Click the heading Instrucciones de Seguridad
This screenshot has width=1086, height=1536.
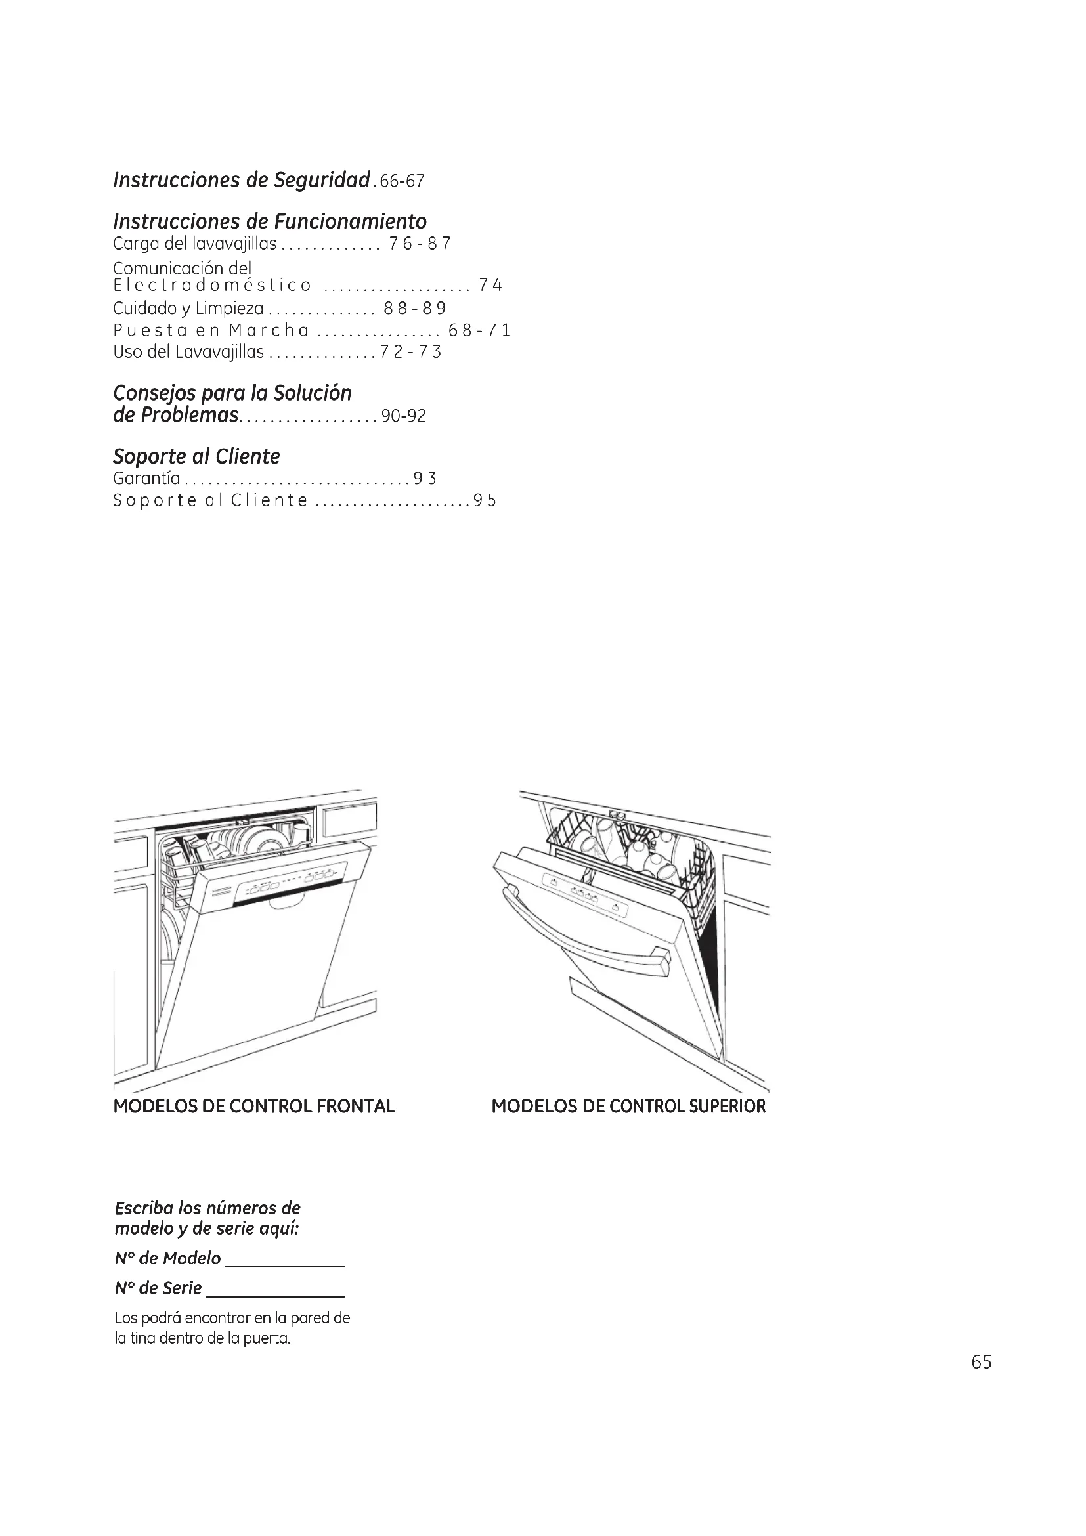242,180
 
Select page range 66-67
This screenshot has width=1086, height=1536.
401,182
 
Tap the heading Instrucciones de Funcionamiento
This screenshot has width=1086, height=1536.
269,221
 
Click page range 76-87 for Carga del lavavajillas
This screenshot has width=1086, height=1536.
420,244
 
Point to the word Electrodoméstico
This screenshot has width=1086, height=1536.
212,286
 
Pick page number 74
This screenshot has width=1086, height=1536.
490,286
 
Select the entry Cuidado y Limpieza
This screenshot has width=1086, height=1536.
188,309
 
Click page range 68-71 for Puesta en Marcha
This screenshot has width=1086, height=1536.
479,330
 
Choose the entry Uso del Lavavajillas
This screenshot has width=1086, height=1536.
188,353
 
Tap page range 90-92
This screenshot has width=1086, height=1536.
403,416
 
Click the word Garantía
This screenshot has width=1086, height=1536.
146,478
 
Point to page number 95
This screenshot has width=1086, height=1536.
485,501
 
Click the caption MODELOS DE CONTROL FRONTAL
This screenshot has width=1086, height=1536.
254,1107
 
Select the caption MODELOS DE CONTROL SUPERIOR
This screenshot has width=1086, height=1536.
628,1107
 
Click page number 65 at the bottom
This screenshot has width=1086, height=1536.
981,1362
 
